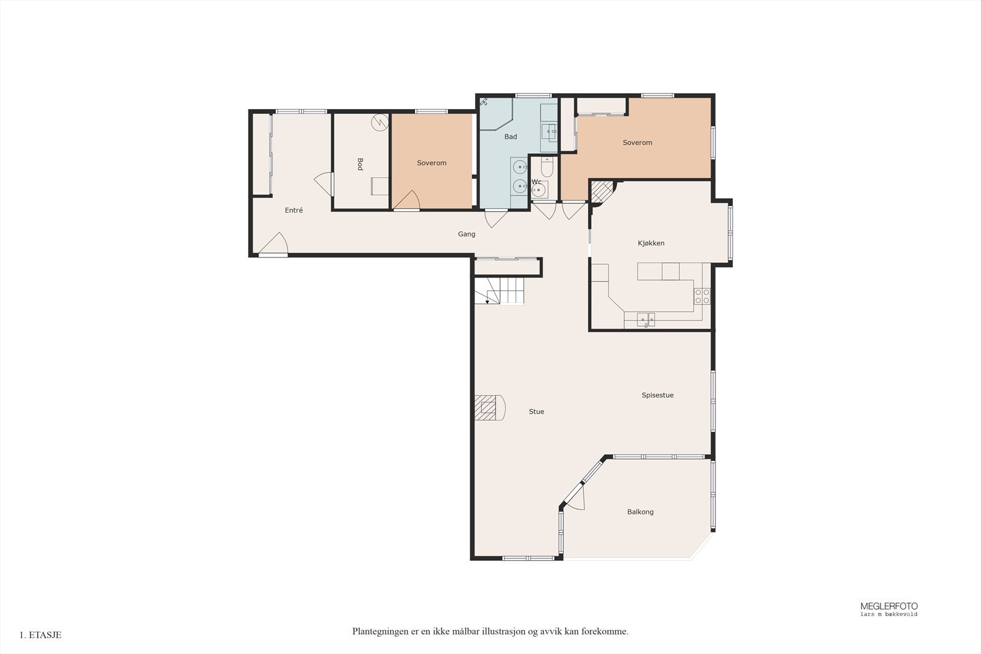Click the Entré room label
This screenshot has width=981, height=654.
point(294,210)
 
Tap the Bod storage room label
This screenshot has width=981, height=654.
point(360,164)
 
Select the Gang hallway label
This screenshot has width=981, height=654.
point(467,234)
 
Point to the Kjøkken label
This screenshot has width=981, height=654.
point(651,243)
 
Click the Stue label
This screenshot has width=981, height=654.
point(536,411)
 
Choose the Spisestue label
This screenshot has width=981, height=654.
point(657,395)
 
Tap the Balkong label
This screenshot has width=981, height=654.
point(640,512)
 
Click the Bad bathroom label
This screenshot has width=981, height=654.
point(511,137)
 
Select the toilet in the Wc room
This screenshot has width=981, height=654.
point(548,166)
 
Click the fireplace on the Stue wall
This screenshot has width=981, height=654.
point(490,408)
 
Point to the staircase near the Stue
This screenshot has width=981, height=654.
point(500,291)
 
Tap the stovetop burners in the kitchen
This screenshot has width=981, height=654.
point(702,296)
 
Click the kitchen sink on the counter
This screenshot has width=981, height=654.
point(646,319)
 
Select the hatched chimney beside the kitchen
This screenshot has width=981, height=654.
point(602,192)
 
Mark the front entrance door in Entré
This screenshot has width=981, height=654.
point(273,244)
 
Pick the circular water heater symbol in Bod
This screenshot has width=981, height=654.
point(380,123)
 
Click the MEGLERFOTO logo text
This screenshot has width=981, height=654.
point(889,606)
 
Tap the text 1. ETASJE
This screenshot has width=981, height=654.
point(40,635)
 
